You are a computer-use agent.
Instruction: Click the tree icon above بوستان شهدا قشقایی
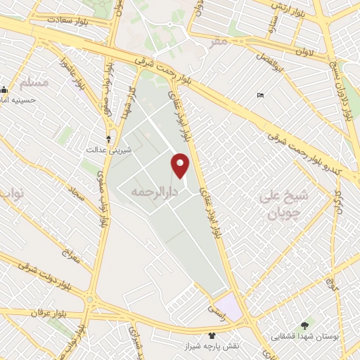click(304, 326)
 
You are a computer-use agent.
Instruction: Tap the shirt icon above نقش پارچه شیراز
click(212, 335)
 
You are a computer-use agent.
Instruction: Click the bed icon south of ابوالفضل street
click(261, 96)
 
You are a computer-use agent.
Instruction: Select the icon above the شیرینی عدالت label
click(108, 138)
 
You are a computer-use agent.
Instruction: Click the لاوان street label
click(304, 51)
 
